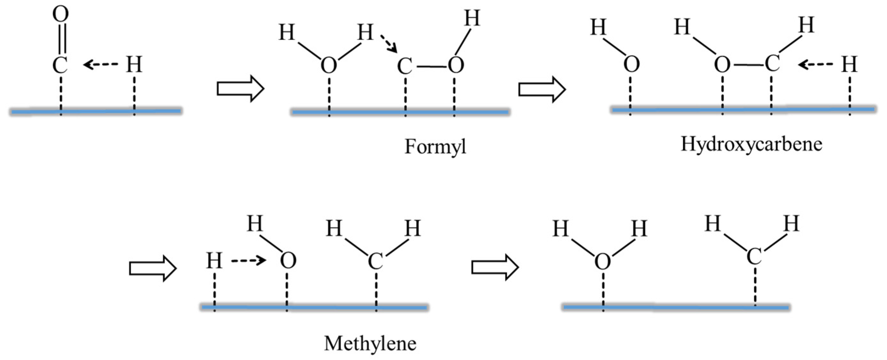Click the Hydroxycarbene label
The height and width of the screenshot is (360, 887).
point(751,144)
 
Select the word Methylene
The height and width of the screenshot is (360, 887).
point(370,344)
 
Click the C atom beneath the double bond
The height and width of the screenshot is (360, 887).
point(60,65)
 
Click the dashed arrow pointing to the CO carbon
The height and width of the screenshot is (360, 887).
point(100,64)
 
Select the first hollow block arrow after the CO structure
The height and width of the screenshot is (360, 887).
point(240,89)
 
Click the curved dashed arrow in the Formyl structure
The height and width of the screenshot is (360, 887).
point(389,44)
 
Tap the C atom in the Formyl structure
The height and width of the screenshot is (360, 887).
point(404,66)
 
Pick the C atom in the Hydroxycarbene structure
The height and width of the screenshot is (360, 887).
point(772,64)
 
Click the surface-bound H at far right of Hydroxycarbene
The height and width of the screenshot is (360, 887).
point(849,65)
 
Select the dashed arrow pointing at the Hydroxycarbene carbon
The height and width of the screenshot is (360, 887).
point(815,64)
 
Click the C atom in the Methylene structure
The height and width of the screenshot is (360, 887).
point(375,261)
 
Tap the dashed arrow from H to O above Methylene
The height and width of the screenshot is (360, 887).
point(248,260)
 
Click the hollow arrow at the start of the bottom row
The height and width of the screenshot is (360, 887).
point(153,268)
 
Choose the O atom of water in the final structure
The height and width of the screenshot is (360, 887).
point(603,261)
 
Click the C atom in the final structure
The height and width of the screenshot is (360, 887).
point(754,257)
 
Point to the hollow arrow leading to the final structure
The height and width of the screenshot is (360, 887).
point(495,267)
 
